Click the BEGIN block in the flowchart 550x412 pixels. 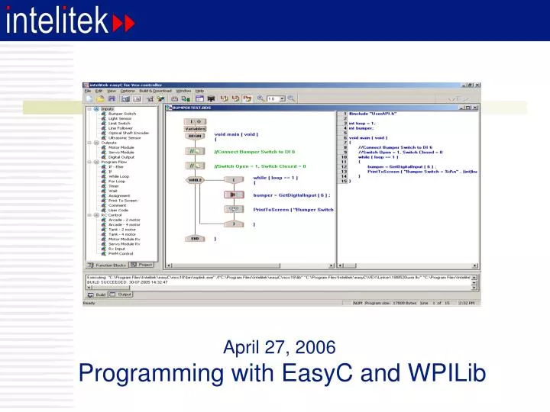[195, 136]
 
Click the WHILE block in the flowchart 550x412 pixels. [195, 179]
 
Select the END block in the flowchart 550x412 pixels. [195, 238]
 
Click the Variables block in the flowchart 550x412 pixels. [195, 129]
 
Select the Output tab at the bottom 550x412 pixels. [124, 294]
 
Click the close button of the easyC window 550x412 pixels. [477, 84]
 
